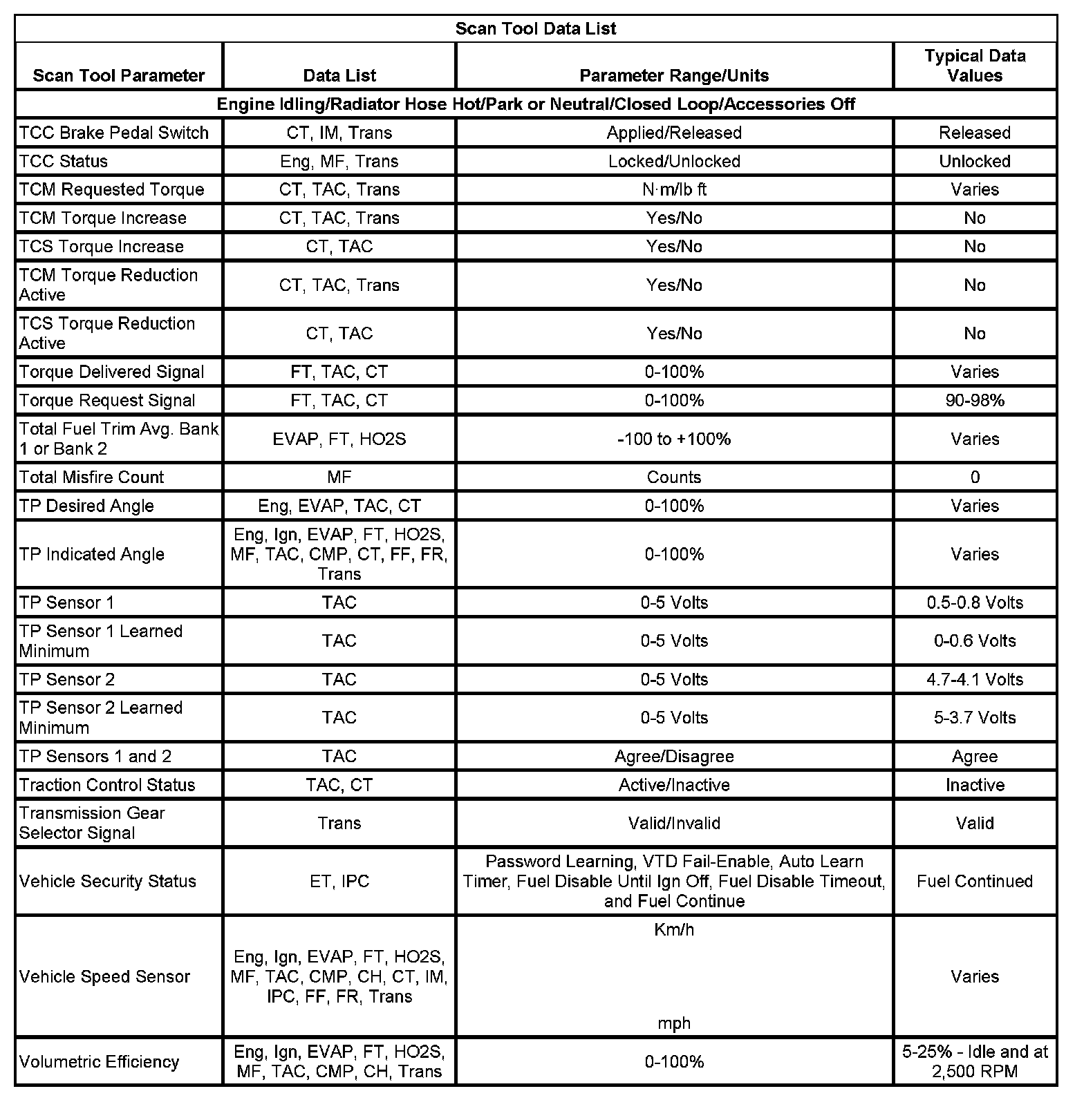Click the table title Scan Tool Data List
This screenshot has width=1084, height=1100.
536,29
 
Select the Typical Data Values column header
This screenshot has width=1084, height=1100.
975,66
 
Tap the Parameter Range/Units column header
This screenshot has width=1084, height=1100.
674,75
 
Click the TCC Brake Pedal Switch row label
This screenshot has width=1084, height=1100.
114,133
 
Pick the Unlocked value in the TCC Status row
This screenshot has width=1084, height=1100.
975,161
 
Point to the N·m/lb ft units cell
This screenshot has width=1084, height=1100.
674,189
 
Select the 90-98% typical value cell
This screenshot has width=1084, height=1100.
975,400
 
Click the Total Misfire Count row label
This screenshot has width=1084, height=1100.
92,477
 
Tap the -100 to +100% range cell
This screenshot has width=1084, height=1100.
674,439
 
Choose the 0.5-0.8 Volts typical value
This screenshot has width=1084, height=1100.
975,603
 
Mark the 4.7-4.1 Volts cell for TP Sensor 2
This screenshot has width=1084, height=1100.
975,679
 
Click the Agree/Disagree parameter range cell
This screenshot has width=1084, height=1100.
674,756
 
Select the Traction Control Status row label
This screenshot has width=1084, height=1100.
107,785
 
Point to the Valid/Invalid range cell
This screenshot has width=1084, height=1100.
674,823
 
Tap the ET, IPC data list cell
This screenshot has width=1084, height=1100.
339,881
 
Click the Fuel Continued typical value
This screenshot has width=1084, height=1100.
975,881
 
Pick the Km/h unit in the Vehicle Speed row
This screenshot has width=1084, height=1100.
674,929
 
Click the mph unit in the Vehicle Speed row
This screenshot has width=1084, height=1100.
674,1023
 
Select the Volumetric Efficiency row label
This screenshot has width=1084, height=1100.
100,1061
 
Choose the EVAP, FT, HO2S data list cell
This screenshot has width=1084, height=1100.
339,439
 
